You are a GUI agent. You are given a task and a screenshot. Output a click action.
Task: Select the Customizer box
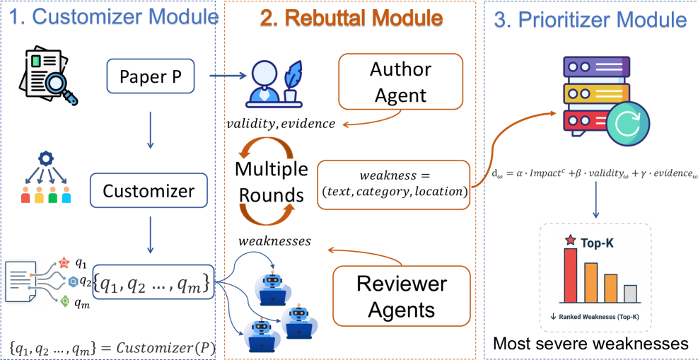[x=149, y=191]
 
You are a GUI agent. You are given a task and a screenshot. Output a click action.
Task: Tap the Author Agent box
[x=400, y=83]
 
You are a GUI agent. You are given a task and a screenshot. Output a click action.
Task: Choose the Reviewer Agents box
[x=401, y=296]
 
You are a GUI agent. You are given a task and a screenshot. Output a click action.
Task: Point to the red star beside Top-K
[x=570, y=242]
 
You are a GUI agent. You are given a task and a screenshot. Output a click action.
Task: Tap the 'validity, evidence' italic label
[x=281, y=124]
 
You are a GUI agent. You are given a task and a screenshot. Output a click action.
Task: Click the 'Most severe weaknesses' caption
[x=590, y=344]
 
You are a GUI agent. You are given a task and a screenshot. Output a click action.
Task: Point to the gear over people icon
[x=45, y=180]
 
